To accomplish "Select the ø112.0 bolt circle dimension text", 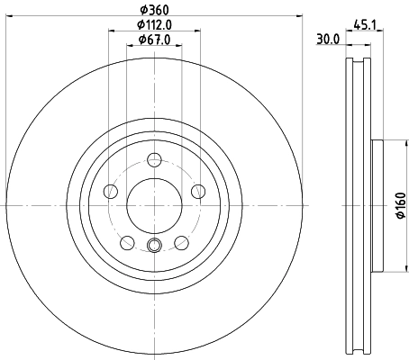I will (x=154, y=26).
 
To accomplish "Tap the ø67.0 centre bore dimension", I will (x=154, y=40).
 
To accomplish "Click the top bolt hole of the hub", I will (x=154, y=160).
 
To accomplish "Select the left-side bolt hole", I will (x=111, y=192).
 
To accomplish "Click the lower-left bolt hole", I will (x=127, y=242).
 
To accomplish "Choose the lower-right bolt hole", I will (x=181, y=242).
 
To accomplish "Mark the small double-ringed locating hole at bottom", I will (x=154, y=248).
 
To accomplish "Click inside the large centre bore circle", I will (x=154, y=205).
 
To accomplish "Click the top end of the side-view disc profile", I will (x=359, y=60).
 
